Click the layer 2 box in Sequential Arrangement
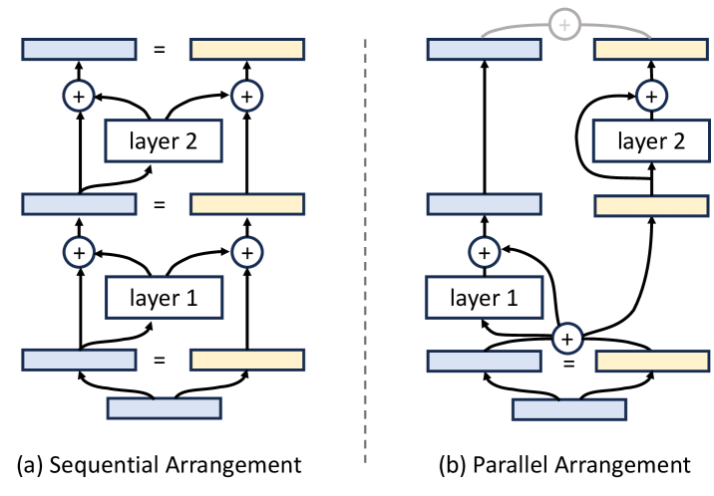click(x=163, y=141)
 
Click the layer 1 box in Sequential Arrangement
click(x=163, y=296)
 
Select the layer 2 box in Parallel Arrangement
click(x=650, y=141)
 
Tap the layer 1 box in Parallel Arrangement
click(x=485, y=296)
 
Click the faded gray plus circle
click(x=566, y=23)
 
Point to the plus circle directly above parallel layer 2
click(x=650, y=97)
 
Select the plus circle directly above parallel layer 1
click(x=485, y=252)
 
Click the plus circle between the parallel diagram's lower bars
click(x=566, y=340)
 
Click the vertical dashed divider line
click(x=366, y=249)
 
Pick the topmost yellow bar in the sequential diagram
click(x=247, y=49)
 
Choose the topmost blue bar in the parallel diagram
click(x=485, y=49)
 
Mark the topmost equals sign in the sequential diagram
click(x=163, y=49)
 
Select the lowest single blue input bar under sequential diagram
click(x=163, y=408)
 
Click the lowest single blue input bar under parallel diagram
click(x=568, y=408)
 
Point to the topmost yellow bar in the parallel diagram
click(x=650, y=49)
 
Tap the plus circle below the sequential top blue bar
click(x=78, y=97)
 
